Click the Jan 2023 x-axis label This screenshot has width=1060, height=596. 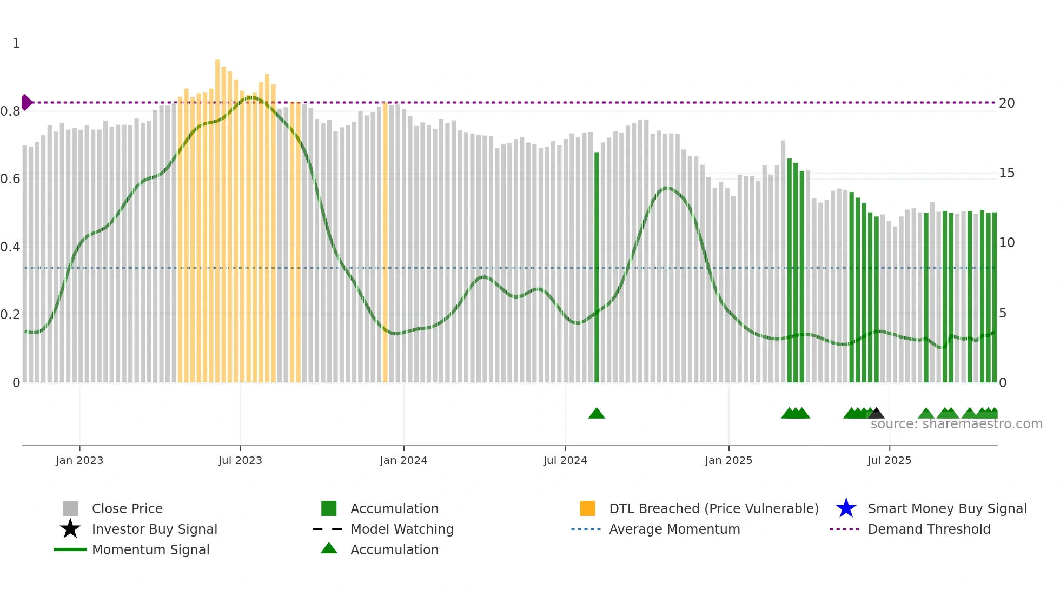(x=79, y=460)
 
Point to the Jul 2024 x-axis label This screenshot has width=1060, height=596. (x=565, y=460)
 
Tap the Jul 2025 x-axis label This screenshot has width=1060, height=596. (x=889, y=460)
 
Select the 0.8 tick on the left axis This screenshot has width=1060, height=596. (x=10, y=111)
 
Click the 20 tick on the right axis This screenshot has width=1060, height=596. (x=1006, y=103)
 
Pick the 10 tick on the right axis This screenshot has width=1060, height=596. (x=1006, y=243)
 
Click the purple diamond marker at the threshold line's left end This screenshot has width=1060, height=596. (x=27, y=102)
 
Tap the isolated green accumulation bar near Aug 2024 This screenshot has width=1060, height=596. (x=597, y=268)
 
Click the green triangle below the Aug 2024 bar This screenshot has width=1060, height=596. (x=597, y=414)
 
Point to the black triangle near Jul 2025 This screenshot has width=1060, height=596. (x=877, y=414)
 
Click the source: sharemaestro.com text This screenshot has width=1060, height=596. (x=956, y=424)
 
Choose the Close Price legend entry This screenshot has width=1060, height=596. (x=127, y=508)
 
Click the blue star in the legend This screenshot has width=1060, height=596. (x=846, y=508)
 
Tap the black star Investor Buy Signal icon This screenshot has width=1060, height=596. (x=70, y=529)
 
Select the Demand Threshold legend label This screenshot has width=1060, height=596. (x=929, y=529)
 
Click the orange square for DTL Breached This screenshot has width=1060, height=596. (x=587, y=508)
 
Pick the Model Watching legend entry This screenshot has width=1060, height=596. (x=402, y=529)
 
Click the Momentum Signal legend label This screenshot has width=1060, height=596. (x=150, y=549)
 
